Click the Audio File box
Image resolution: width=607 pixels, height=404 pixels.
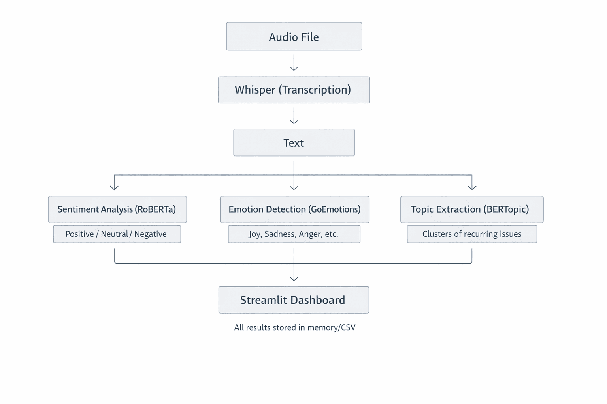(x=294, y=36)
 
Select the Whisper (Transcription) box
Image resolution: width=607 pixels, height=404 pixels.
(x=294, y=90)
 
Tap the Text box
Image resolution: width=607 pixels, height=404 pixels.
(x=294, y=142)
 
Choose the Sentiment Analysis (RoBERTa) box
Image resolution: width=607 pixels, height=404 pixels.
(x=117, y=209)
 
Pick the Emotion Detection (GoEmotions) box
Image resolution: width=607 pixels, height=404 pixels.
(x=294, y=209)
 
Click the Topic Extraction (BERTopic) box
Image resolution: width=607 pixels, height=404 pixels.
(x=471, y=209)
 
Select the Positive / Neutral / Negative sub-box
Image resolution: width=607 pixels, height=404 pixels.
(x=117, y=234)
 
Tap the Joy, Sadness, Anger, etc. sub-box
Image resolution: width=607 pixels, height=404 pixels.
(x=294, y=234)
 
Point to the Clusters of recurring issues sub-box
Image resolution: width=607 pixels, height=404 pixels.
(x=471, y=234)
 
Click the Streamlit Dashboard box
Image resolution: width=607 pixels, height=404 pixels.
(x=294, y=300)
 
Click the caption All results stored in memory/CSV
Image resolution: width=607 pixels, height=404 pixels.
(x=294, y=327)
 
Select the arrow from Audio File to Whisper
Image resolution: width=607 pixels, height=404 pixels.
(x=294, y=63)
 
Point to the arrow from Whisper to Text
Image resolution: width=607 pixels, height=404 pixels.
(x=294, y=116)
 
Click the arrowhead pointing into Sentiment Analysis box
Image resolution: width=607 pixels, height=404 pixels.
(x=114, y=187)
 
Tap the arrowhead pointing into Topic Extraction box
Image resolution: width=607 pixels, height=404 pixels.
(x=472, y=187)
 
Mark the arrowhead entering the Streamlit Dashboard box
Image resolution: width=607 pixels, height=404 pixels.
(x=294, y=278)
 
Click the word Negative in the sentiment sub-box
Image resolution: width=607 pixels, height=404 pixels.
(x=150, y=234)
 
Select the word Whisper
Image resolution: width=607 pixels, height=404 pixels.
(x=255, y=90)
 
